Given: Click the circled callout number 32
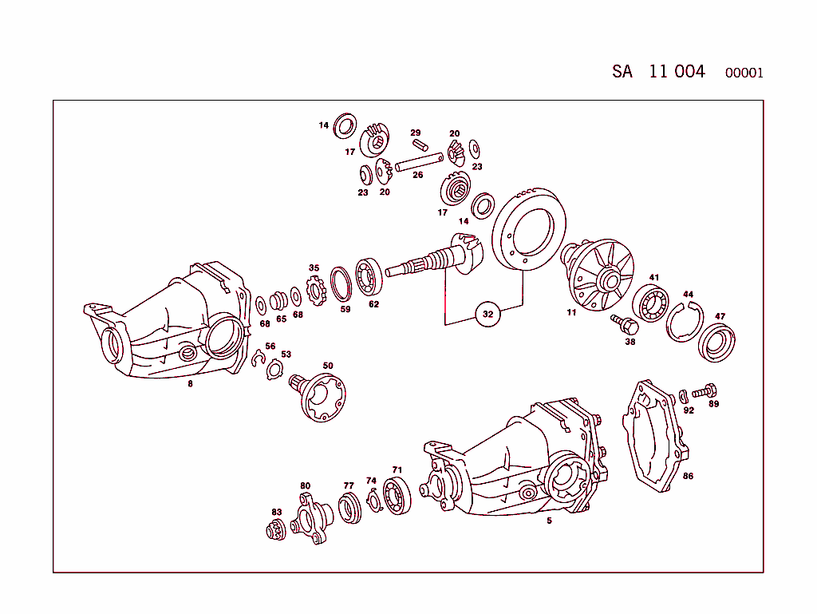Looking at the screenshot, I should pyautogui.click(x=488, y=315).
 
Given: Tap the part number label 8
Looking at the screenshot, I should pyautogui.click(x=190, y=383).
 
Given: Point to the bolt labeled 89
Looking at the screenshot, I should pyautogui.click(x=703, y=391).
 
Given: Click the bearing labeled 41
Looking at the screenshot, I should pyautogui.click(x=654, y=304).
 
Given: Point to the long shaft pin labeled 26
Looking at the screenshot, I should pyautogui.click(x=418, y=164).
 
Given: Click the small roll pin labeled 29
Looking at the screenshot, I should pyautogui.click(x=420, y=145).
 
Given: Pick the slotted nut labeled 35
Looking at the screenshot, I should pyautogui.click(x=317, y=289).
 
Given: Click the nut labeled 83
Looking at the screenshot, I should pyautogui.click(x=276, y=530).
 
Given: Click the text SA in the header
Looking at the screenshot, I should pyautogui.click(x=622, y=72).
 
